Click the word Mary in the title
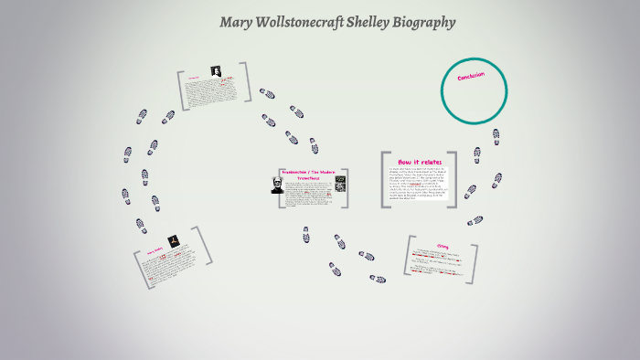(238, 22)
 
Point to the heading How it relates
(419, 162)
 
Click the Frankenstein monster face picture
(274, 186)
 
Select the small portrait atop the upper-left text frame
(215, 72)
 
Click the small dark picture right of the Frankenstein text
(340, 184)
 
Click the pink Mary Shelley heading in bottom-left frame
(153, 250)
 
